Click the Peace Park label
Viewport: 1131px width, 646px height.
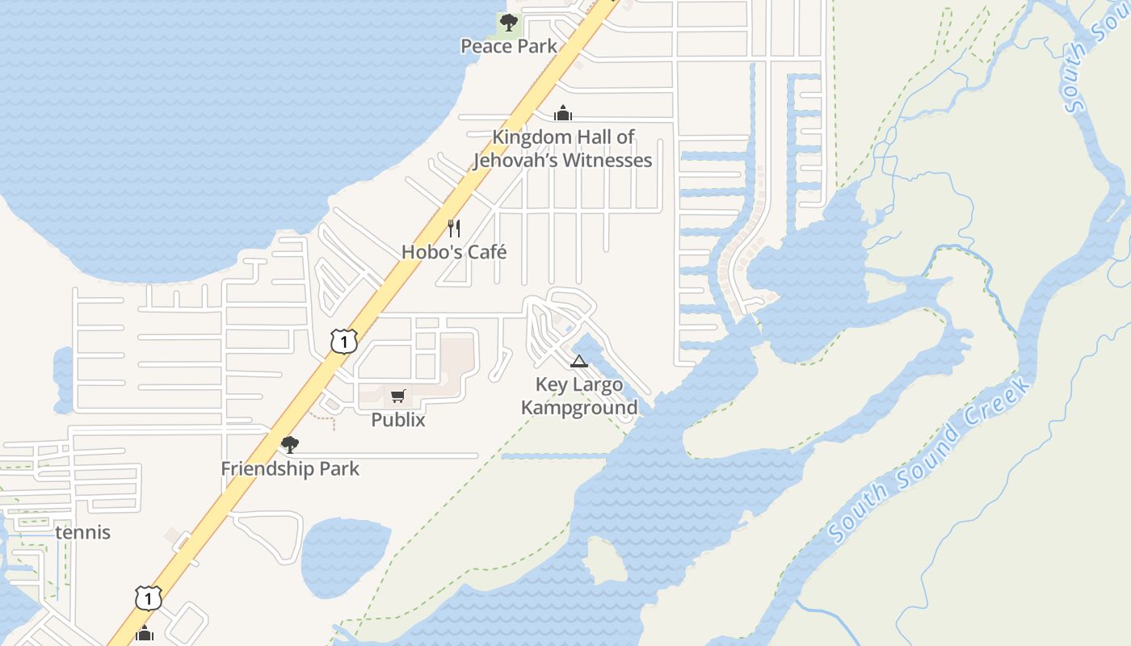coord(509,46)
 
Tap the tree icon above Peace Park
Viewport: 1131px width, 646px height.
coord(508,22)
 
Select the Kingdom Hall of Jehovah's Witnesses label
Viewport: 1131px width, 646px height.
coord(562,149)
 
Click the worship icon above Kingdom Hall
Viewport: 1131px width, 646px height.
coord(563,113)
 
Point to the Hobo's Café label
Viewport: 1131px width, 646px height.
coord(454,252)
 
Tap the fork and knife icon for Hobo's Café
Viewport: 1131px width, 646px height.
coord(454,229)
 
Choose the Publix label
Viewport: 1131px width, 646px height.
coord(397,420)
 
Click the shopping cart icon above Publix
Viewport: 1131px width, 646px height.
coord(397,396)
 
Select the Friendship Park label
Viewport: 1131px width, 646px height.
coord(290,468)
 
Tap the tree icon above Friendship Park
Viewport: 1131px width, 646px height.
coord(289,444)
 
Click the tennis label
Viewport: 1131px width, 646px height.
coord(83,533)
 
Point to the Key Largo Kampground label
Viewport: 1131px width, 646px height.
coord(579,396)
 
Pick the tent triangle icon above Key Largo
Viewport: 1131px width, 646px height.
coord(578,361)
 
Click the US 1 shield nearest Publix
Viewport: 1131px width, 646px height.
coord(343,342)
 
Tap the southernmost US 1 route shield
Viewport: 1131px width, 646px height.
coord(148,598)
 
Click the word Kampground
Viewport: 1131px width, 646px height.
coord(579,408)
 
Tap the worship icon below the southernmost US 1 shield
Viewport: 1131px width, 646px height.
coord(145,632)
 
